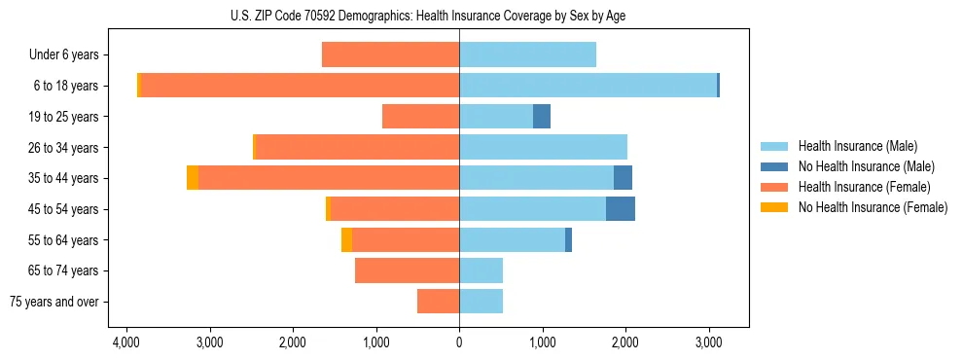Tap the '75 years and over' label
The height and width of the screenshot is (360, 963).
click(54, 302)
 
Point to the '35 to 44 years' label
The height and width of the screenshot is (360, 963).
click(63, 178)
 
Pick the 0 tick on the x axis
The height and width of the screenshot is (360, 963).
click(459, 342)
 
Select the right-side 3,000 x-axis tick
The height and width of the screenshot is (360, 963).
click(708, 342)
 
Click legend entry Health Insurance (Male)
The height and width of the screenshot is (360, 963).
click(857, 146)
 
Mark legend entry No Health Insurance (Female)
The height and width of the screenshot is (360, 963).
click(872, 207)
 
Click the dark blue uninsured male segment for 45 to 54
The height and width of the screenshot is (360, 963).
click(621, 209)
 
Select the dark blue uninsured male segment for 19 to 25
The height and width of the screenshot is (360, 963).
click(542, 117)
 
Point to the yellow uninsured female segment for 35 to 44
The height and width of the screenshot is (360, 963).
click(193, 178)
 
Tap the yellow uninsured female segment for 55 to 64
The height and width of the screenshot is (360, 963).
click(346, 240)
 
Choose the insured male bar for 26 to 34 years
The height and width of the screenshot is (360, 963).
click(543, 148)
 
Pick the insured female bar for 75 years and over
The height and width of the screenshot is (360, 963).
click(438, 302)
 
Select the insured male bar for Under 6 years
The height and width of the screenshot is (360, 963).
click(527, 55)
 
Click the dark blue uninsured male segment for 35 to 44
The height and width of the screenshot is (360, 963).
click(623, 178)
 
